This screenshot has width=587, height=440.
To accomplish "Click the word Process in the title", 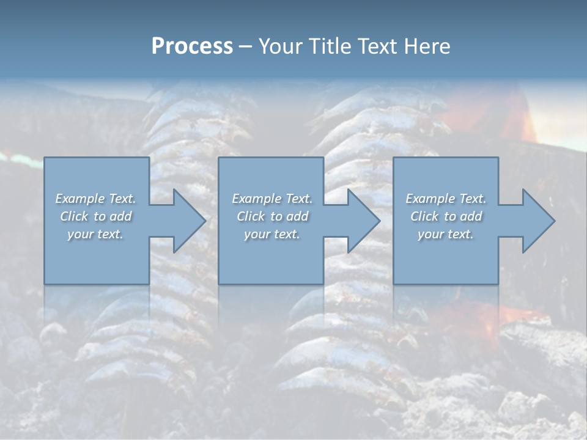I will [x=192, y=46].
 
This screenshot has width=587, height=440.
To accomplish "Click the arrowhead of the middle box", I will [x=359, y=221].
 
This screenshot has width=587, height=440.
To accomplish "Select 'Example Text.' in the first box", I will [x=95, y=199].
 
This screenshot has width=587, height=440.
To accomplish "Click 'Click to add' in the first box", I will [x=95, y=216].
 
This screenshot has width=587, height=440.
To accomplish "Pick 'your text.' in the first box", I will [x=95, y=234].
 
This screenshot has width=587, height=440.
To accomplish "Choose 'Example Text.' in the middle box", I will [x=272, y=199].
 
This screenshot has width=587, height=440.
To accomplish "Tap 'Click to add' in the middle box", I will [x=272, y=216].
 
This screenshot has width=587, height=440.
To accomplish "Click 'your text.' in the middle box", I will [x=272, y=234].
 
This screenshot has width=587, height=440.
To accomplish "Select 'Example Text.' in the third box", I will [x=446, y=199].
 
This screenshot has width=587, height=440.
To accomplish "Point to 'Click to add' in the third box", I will [x=446, y=216].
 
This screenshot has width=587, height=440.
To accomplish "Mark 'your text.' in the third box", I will [x=446, y=234].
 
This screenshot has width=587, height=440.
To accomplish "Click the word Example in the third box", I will [x=430, y=199].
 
